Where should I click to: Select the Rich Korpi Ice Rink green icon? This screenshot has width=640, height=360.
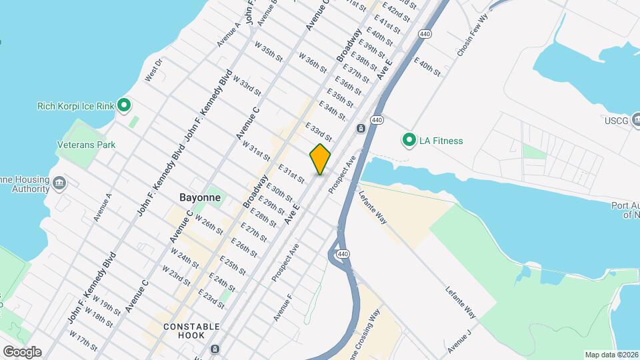pyautogui.click(x=123, y=105)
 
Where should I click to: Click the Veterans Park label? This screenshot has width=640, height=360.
pyautogui.click(x=86, y=145)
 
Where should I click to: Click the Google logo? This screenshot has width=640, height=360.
pyautogui.click(x=22, y=352)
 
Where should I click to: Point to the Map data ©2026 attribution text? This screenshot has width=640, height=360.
pyautogui.click(x=611, y=355)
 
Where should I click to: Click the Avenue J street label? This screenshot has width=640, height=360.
pyautogui.click(x=459, y=340)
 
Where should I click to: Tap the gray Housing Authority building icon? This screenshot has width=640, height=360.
pyautogui.click(x=59, y=183)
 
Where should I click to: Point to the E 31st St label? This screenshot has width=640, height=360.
pyautogui.click(x=291, y=175)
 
